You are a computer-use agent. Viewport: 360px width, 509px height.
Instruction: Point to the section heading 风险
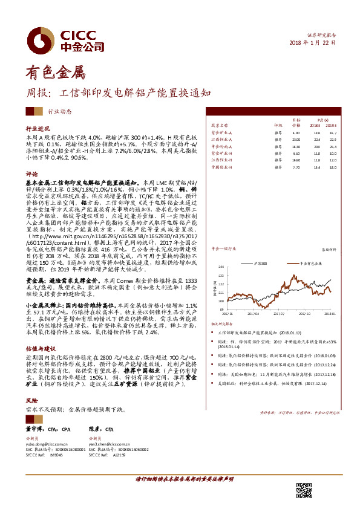31,401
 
